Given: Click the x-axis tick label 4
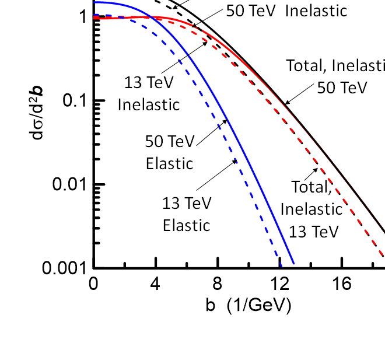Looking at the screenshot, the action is (x=155, y=284).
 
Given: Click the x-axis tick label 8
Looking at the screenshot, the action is (x=218, y=284).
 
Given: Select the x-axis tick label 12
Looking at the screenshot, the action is (x=279, y=284).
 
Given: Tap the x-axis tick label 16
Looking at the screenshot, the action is (x=342, y=284).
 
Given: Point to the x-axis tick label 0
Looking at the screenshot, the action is (x=93, y=284).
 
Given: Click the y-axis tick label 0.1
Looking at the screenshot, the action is (x=75, y=100).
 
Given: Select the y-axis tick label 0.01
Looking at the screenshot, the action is (x=69, y=184).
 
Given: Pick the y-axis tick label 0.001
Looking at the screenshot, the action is (x=64, y=268).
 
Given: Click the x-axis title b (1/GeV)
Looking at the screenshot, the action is (x=249, y=305).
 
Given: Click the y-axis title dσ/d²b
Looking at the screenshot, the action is (x=36, y=113).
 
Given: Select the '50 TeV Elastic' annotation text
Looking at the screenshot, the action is (x=170, y=152).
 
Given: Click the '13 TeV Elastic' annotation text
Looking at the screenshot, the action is (x=187, y=214).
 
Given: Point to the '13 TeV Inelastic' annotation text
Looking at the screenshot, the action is (x=149, y=93).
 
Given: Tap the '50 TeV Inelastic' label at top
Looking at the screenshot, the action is (x=286, y=11).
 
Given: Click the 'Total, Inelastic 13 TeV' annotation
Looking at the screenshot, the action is (x=312, y=209).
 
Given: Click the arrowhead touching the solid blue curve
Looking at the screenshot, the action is (x=225, y=122).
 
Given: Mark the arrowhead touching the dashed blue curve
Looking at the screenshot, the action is (x=235, y=162).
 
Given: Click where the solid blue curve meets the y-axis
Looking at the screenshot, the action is (x=94, y=2).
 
